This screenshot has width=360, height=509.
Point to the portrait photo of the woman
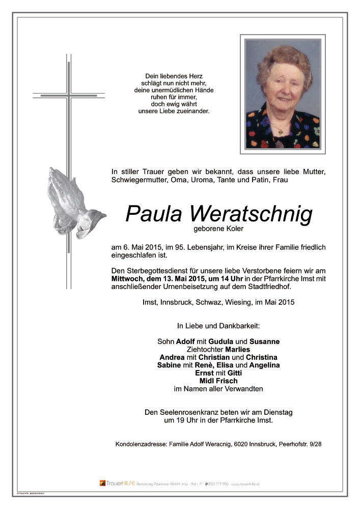coord(283,94)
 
